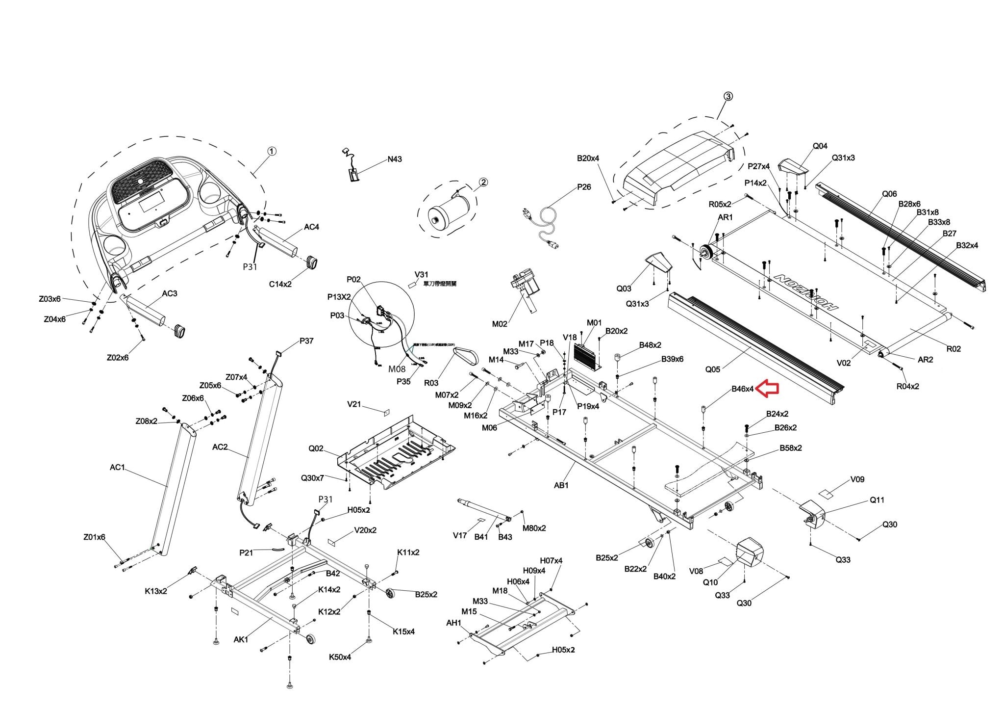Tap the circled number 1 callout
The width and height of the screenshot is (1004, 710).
click(x=272, y=151)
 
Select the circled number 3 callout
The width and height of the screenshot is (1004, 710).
click(x=728, y=96)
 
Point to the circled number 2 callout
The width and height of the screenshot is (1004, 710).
click(x=483, y=183)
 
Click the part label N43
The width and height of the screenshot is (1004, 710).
click(x=394, y=159)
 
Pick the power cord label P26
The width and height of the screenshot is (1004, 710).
click(x=584, y=187)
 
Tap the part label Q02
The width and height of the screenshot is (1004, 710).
click(x=316, y=448)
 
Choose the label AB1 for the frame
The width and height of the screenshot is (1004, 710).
click(x=561, y=485)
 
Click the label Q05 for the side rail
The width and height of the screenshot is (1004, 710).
click(x=713, y=369)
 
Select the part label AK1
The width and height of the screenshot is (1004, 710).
click(x=241, y=639)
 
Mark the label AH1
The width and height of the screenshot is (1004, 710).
click(x=453, y=623)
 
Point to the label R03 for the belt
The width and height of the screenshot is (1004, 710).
click(x=431, y=383)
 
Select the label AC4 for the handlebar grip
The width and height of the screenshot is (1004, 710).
click(x=311, y=227)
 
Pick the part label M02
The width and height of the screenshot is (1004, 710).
click(x=500, y=324)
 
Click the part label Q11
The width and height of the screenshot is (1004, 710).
click(x=877, y=500)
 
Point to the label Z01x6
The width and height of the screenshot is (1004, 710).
click(x=94, y=537)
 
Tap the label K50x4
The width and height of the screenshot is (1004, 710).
click(x=340, y=657)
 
